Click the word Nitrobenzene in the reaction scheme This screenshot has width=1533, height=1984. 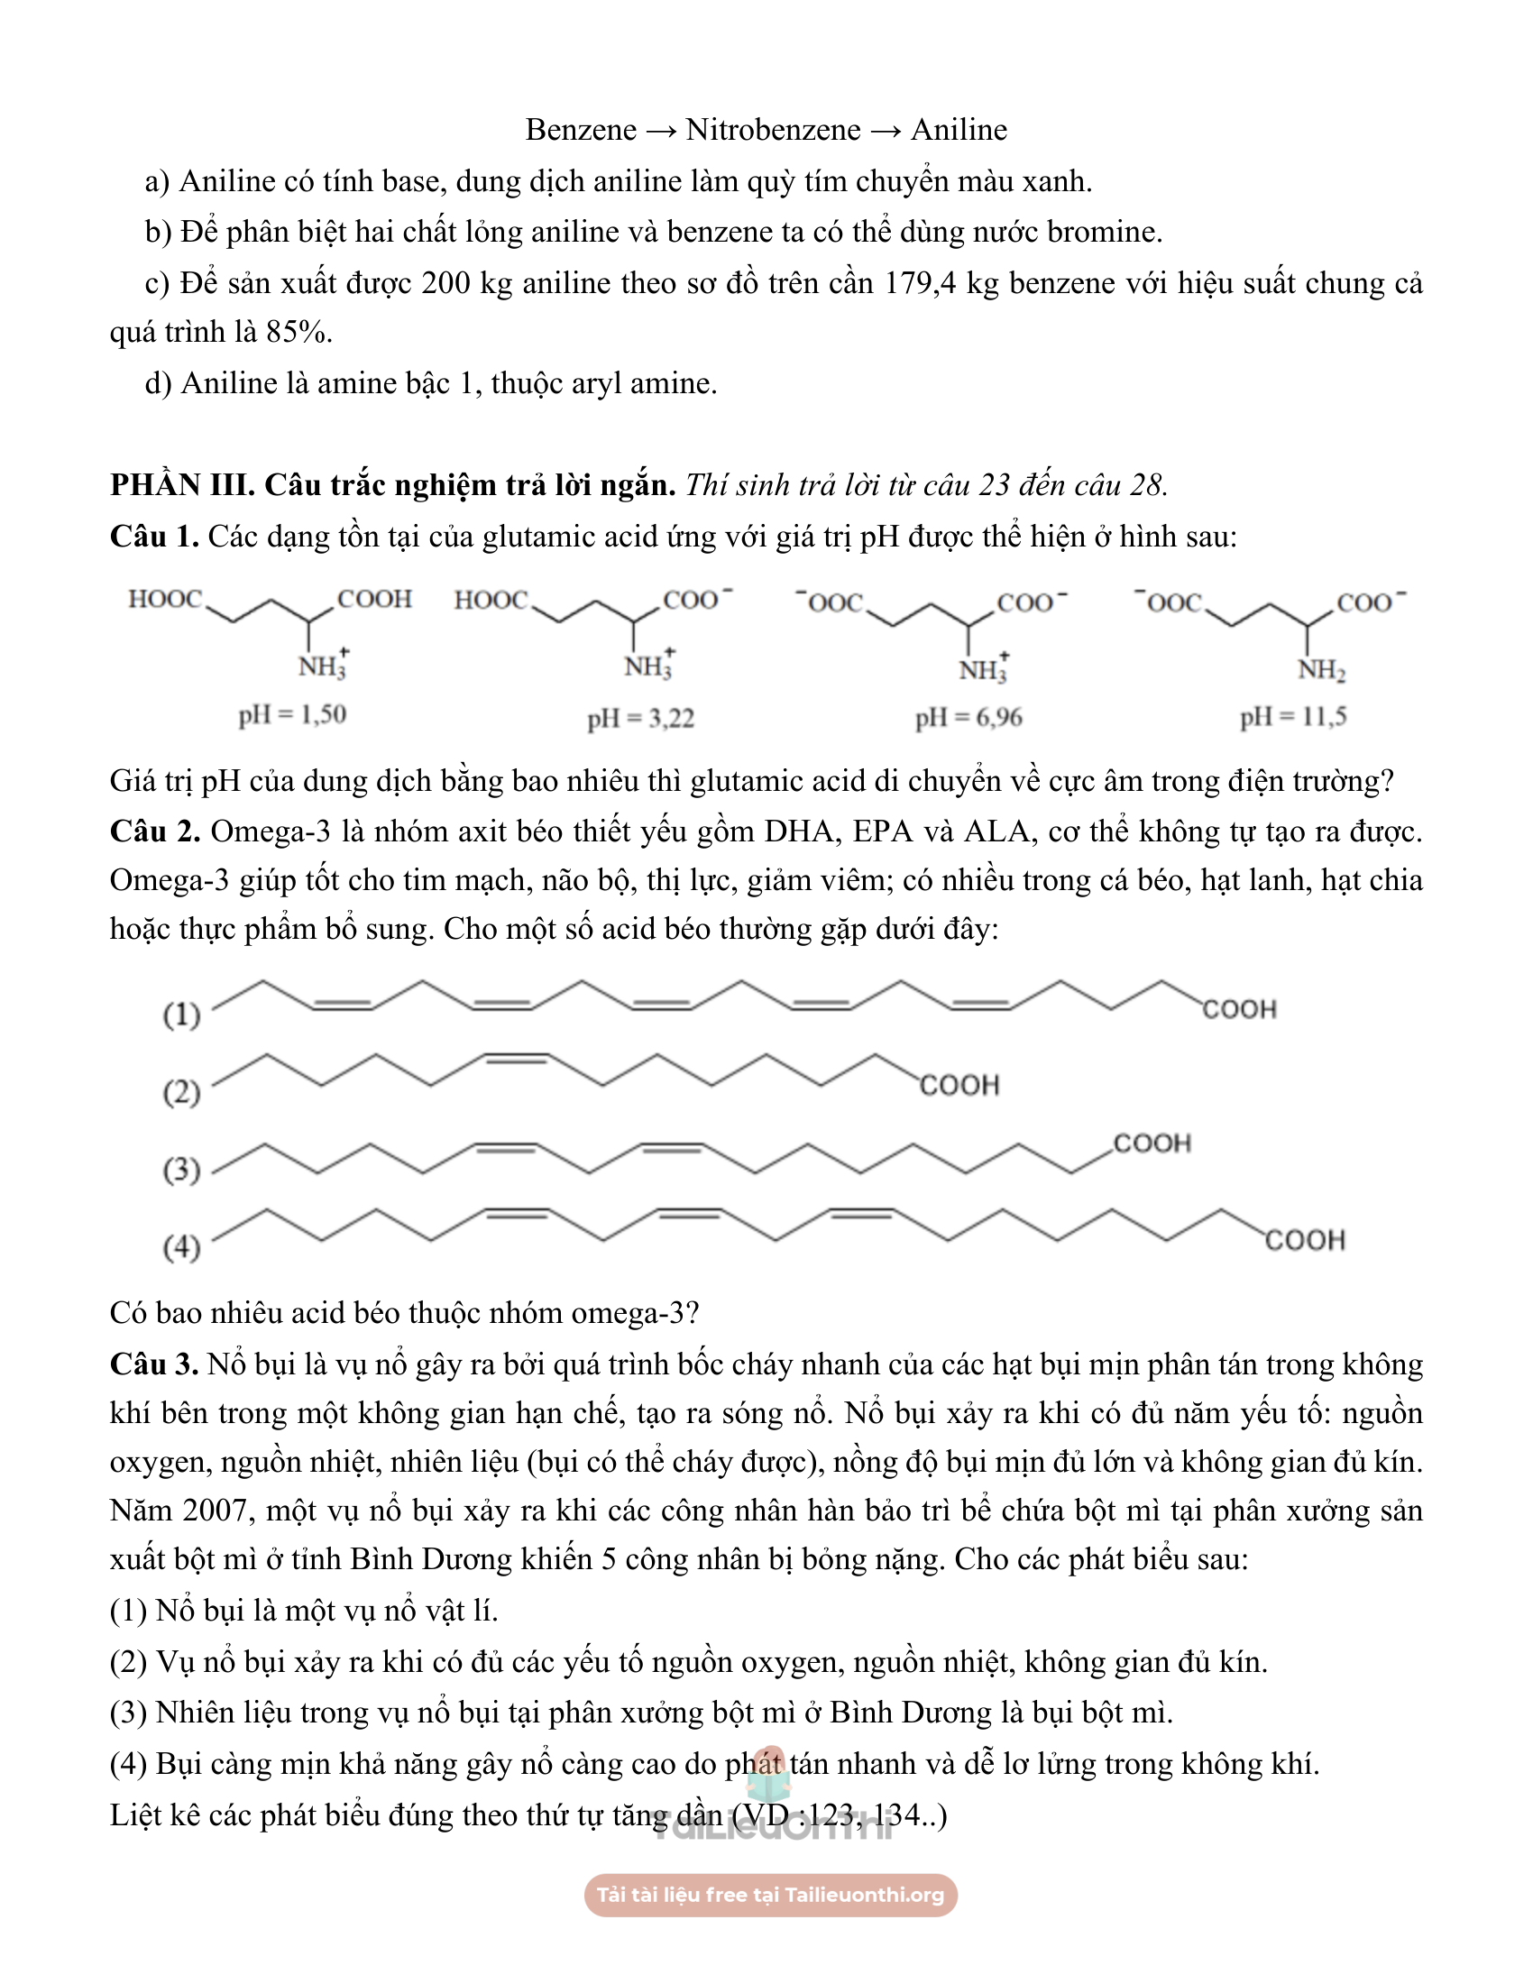pyautogui.click(x=773, y=130)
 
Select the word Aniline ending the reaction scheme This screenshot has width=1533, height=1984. pyautogui.click(x=959, y=130)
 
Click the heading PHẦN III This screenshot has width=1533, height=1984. pyautogui.click(x=181, y=485)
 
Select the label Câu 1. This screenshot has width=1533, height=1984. pyautogui.click(x=153, y=537)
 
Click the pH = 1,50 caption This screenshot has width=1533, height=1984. pyautogui.click(x=292, y=715)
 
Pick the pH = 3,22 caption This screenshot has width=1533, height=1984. pyautogui.click(x=640, y=719)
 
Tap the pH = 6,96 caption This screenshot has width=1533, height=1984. pyautogui.click(x=968, y=718)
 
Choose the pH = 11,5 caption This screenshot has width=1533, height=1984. pyautogui.click(x=1293, y=717)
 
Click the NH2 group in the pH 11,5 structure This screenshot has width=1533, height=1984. pyautogui.click(x=1320, y=670)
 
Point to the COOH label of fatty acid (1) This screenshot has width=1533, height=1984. pyautogui.click(x=1240, y=1009)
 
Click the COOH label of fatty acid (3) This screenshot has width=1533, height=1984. pyautogui.click(x=1152, y=1143)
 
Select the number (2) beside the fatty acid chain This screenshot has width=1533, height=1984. pyautogui.click(x=181, y=1091)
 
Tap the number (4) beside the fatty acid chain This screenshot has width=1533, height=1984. pyautogui.click(x=181, y=1246)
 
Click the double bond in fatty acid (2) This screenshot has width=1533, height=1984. pyautogui.click(x=517, y=1059)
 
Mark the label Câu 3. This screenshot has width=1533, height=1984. pyautogui.click(x=153, y=1364)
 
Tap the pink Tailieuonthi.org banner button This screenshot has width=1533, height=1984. pyautogui.click(x=770, y=1895)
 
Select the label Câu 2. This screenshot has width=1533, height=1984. pyautogui.click(x=153, y=832)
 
